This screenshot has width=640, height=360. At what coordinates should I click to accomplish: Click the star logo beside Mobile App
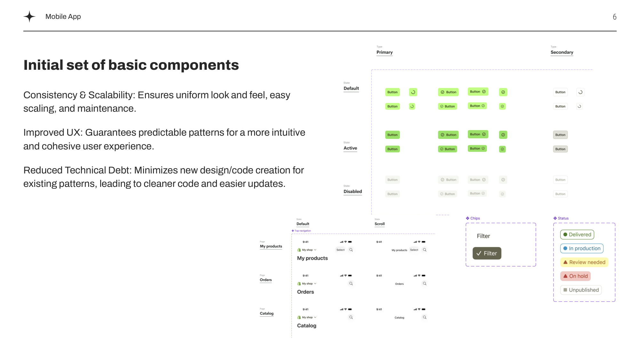click(29, 16)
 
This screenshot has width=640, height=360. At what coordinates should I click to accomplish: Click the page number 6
click(614, 17)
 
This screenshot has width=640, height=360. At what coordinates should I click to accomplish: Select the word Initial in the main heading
click(43, 65)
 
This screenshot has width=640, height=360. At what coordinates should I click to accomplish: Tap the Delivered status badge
click(577, 235)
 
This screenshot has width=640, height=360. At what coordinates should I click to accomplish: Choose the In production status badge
click(581, 248)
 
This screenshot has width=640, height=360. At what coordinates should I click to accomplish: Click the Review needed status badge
click(584, 262)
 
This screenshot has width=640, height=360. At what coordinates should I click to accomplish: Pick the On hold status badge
click(575, 276)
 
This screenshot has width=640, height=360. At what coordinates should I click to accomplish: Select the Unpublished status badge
click(581, 290)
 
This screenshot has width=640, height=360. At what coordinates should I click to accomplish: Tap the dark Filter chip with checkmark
click(487, 253)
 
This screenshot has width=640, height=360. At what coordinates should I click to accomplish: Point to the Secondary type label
click(562, 52)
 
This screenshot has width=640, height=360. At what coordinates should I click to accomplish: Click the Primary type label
click(384, 52)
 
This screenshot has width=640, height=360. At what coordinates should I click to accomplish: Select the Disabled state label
click(353, 191)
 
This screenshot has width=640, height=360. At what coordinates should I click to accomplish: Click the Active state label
click(350, 148)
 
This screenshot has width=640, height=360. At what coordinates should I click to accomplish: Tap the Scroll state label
click(380, 224)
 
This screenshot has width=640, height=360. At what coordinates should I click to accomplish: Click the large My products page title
click(312, 258)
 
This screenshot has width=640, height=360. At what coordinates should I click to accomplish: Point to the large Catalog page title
click(307, 326)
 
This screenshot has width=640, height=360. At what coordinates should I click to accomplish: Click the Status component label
click(563, 218)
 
